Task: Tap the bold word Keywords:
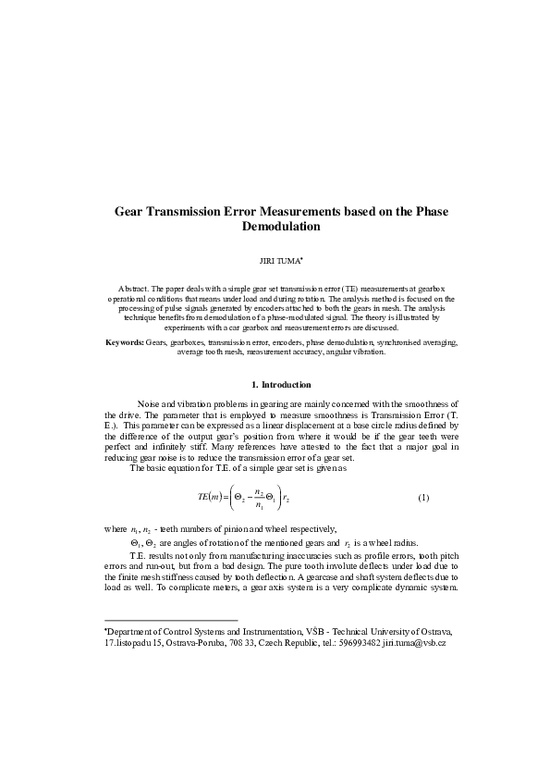click(x=124, y=342)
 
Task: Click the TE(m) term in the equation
click(x=212, y=498)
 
